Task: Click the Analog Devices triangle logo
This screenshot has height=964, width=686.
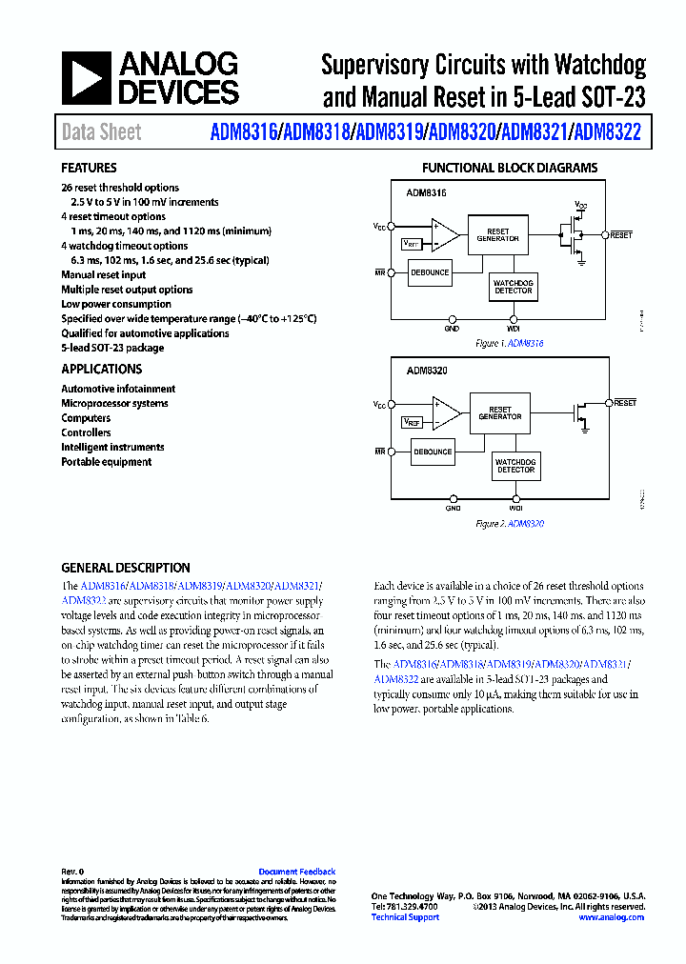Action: [x=86, y=78]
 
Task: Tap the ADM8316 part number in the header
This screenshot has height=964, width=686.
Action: [x=243, y=132]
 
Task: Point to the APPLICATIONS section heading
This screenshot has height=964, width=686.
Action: [x=102, y=369]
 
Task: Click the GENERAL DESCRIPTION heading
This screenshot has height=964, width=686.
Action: [x=126, y=568]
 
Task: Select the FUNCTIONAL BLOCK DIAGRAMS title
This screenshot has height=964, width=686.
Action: [x=510, y=169]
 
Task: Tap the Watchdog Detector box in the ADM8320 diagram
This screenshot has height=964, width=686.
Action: [x=515, y=466]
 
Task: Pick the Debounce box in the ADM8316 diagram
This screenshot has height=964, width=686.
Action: [x=430, y=272]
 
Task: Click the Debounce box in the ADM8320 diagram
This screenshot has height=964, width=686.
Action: [x=433, y=452]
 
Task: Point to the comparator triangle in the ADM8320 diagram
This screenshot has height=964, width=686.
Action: [x=445, y=412]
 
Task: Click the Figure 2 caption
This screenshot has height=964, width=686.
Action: [x=510, y=523]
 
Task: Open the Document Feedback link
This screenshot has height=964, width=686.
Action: [x=297, y=872]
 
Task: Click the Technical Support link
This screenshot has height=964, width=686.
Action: [x=405, y=917]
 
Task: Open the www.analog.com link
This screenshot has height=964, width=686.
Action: [x=611, y=917]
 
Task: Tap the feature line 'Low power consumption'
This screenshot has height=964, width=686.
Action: [x=116, y=304]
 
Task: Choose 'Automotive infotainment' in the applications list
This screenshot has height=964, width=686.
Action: [x=118, y=389]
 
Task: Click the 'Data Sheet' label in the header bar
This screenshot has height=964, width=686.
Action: [x=101, y=132]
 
